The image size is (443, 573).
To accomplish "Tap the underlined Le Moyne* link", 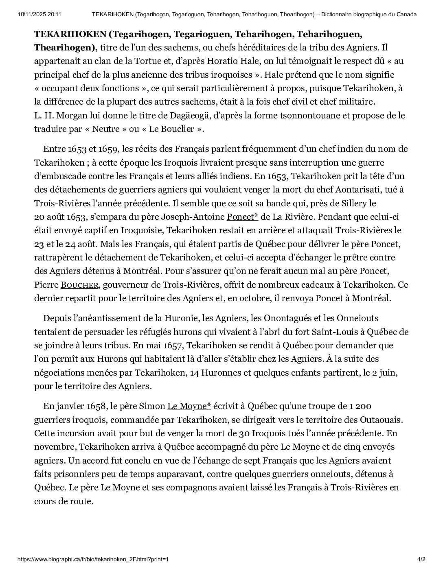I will (x=189, y=406).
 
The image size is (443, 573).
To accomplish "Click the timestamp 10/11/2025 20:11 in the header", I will (x=39, y=15).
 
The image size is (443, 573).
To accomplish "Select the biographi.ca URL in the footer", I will (x=93, y=559).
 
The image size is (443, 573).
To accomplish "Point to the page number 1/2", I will (x=421, y=559).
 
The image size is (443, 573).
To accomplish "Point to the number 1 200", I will (x=360, y=406).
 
